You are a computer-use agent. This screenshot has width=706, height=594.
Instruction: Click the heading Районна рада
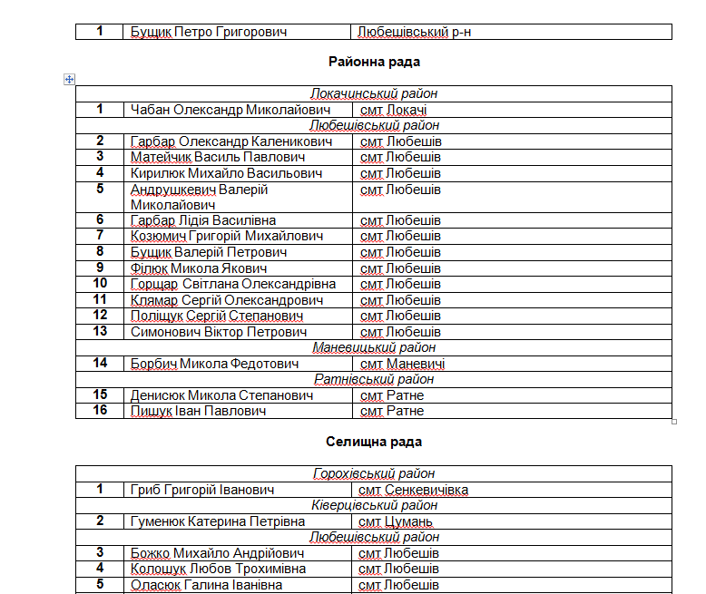click(x=372, y=63)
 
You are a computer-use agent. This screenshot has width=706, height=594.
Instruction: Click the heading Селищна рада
click(x=373, y=442)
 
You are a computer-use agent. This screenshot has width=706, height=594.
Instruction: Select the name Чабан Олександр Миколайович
click(x=230, y=110)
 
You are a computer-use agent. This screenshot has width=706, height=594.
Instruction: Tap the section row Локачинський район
click(x=373, y=93)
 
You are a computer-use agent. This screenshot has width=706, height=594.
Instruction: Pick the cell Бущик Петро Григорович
click(x=208, y=32)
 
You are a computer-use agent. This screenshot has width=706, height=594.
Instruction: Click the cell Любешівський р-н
click(x=415, y=32)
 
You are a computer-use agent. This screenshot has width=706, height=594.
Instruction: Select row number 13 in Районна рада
click(x=100, y=331)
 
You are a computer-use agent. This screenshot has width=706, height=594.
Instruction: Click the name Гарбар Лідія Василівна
click(x=203, y=220)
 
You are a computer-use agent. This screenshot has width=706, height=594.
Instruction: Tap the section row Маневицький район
click(x=374, y=347)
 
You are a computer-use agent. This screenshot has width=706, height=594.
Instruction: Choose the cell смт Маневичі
click(x=402, y=364)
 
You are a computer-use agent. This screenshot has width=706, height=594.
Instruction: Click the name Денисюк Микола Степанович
click(x=221, y=395)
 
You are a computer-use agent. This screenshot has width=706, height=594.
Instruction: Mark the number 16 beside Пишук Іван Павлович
click(x=100, y=411)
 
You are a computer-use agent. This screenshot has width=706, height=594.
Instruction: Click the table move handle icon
click(x=69, y=79)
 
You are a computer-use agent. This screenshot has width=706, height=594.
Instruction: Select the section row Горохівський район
click(x=373, y=473)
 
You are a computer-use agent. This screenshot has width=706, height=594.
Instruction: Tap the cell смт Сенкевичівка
click(x=413, y=490)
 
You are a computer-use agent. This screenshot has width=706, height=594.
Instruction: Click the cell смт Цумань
click(x=396, y=521)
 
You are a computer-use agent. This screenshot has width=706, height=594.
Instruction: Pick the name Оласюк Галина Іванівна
click(x=206, y=585)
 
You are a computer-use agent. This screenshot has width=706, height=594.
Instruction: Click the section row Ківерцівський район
click(x=373, y=505)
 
